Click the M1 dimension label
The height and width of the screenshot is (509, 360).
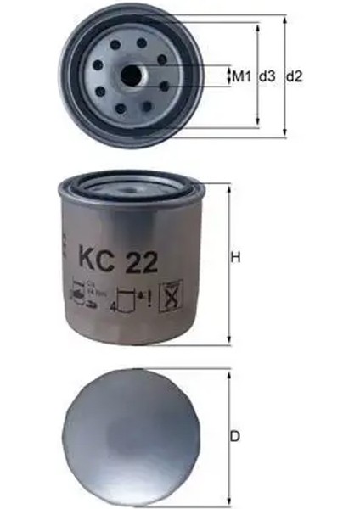click(242, 76)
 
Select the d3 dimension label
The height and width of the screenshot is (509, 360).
click(267, 76)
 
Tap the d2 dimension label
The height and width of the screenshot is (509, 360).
click(295, 76)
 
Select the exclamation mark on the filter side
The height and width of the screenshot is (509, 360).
click(149, 296)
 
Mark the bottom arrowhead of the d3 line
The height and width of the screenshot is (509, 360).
click(259, 126)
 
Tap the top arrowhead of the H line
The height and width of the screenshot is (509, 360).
click(228, 185)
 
